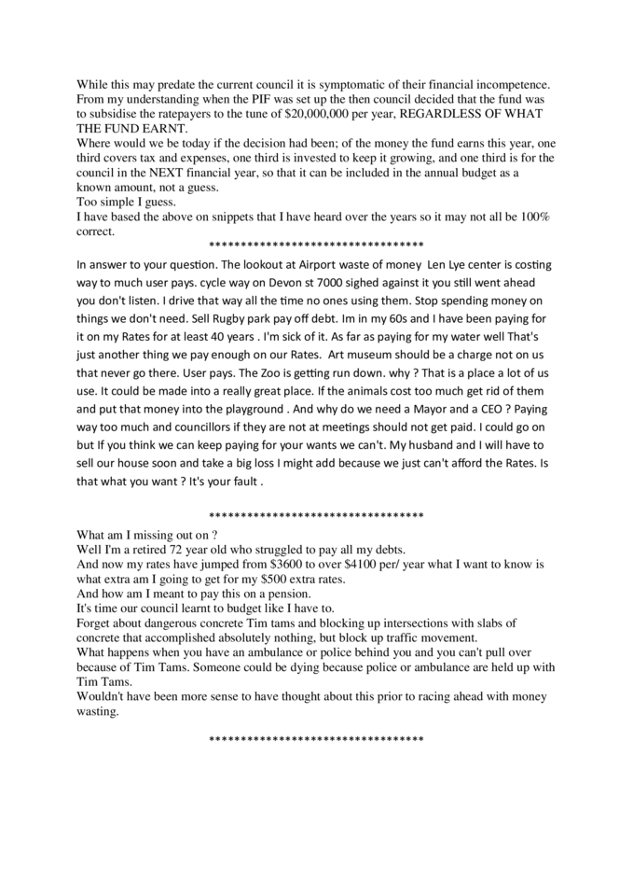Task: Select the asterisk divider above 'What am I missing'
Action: click(316, 515)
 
